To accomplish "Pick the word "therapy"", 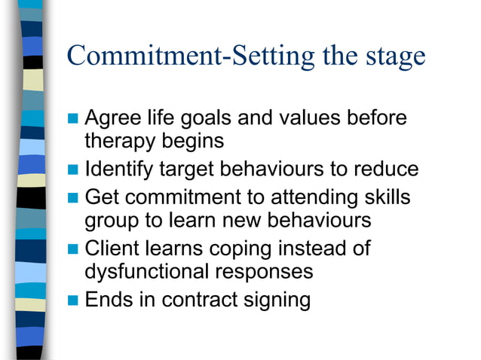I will [122, 142].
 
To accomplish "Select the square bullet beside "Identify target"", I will [73, 169].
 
